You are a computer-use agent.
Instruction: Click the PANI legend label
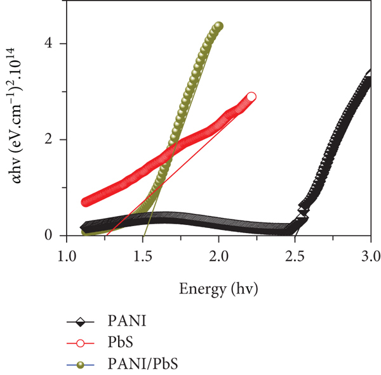(127, 321)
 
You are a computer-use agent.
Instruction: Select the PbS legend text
(120, 342)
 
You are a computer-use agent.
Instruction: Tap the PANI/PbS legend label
(143, 364)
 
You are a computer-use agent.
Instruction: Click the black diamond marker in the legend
(80, 322)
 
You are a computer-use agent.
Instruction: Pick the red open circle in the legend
(80, 343)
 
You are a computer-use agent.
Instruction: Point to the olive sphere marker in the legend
(80, 365)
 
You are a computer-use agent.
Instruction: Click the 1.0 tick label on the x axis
(67, 257)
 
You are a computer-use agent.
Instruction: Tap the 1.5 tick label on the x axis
(143, 257)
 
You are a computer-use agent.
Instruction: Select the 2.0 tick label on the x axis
(219, 257)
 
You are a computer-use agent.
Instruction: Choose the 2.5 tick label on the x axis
(295, 257)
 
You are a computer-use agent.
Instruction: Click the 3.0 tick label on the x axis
(371, 257)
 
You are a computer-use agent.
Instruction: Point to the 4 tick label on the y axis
(48, 43)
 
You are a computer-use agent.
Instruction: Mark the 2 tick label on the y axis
(48, 139)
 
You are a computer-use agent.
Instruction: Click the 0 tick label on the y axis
(48, 235)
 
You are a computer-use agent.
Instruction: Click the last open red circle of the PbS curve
(251, 97)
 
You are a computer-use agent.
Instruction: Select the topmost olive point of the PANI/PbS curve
(218, 26)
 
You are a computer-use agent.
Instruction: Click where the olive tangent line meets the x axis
(144, 236)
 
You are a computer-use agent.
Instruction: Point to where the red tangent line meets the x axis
(107, 236)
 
